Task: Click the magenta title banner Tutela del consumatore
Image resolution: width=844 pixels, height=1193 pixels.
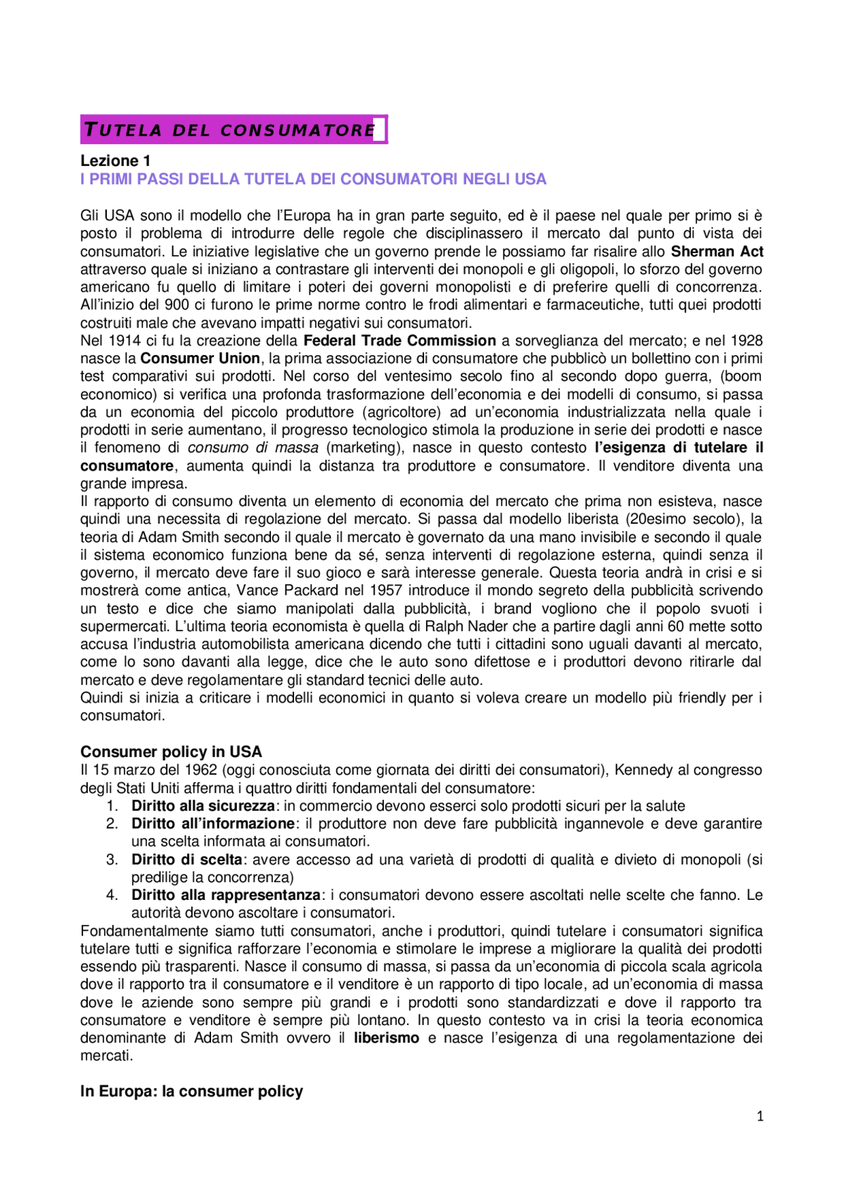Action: tap(233, 130)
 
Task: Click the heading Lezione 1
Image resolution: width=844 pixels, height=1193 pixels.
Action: tap(115, 161)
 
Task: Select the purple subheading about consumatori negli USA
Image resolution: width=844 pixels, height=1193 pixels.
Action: tap(313, 179)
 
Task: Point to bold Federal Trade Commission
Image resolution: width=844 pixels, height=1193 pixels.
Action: tap(400, 341)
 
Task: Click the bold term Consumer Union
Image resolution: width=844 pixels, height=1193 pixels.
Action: tap(200, 358)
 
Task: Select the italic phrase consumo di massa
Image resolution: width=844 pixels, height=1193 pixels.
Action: tap(253, 448)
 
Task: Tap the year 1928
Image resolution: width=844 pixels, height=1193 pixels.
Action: tap(746, 341)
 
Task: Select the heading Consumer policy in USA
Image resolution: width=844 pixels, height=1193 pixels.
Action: tap(171, 752)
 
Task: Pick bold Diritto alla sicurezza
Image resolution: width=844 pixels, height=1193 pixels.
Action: tap(203, 806)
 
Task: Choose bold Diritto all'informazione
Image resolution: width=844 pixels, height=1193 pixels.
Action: tap(213, 823)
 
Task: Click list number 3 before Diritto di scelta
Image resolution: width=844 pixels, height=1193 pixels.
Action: tap(112, 860)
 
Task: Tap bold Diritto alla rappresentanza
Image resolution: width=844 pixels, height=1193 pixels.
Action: tap(226, 895)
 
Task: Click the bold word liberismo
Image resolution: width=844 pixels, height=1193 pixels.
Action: tap(386, 1038)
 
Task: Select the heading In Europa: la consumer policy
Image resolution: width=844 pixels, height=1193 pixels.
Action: tap(191, 1092)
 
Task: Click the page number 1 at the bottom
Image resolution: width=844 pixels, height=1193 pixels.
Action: tap(760, 1116)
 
